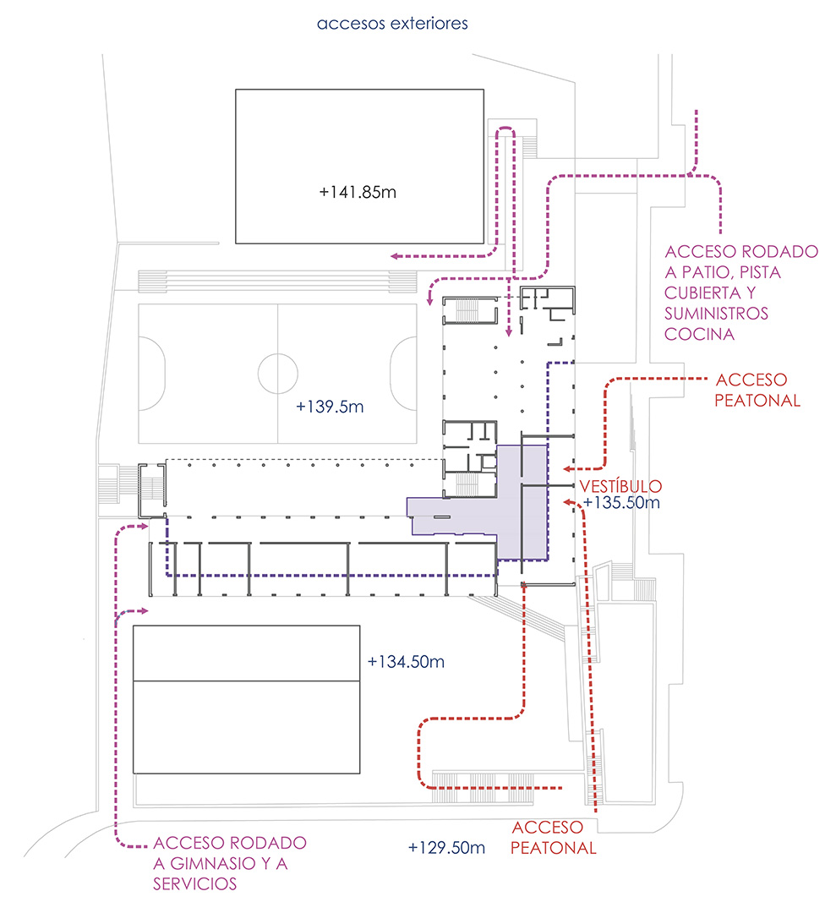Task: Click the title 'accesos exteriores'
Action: pos(392,24)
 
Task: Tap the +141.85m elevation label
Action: pos(358,192)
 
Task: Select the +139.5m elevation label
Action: pos(330,407)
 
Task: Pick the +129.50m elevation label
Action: pos(446,847)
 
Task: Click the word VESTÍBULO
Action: pos(620,486)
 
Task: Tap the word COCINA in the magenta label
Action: pos(698,334)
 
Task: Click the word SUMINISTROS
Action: pos(717,314)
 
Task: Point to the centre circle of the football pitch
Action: pos(277,373)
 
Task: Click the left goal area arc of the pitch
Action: pos(152,373)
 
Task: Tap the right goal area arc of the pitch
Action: pos(403,373)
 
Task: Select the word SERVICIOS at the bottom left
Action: pos(195,884)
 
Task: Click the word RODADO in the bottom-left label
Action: pos(264,844)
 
